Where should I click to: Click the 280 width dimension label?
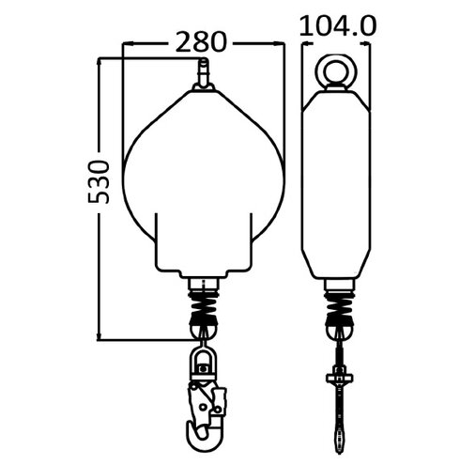(x=201, y=41)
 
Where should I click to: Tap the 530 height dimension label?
(x=99, y=182)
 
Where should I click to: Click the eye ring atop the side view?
(x=336, y=71)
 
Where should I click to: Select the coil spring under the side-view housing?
(x=340, y=304)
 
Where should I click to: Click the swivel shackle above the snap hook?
(x=204, y=364)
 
